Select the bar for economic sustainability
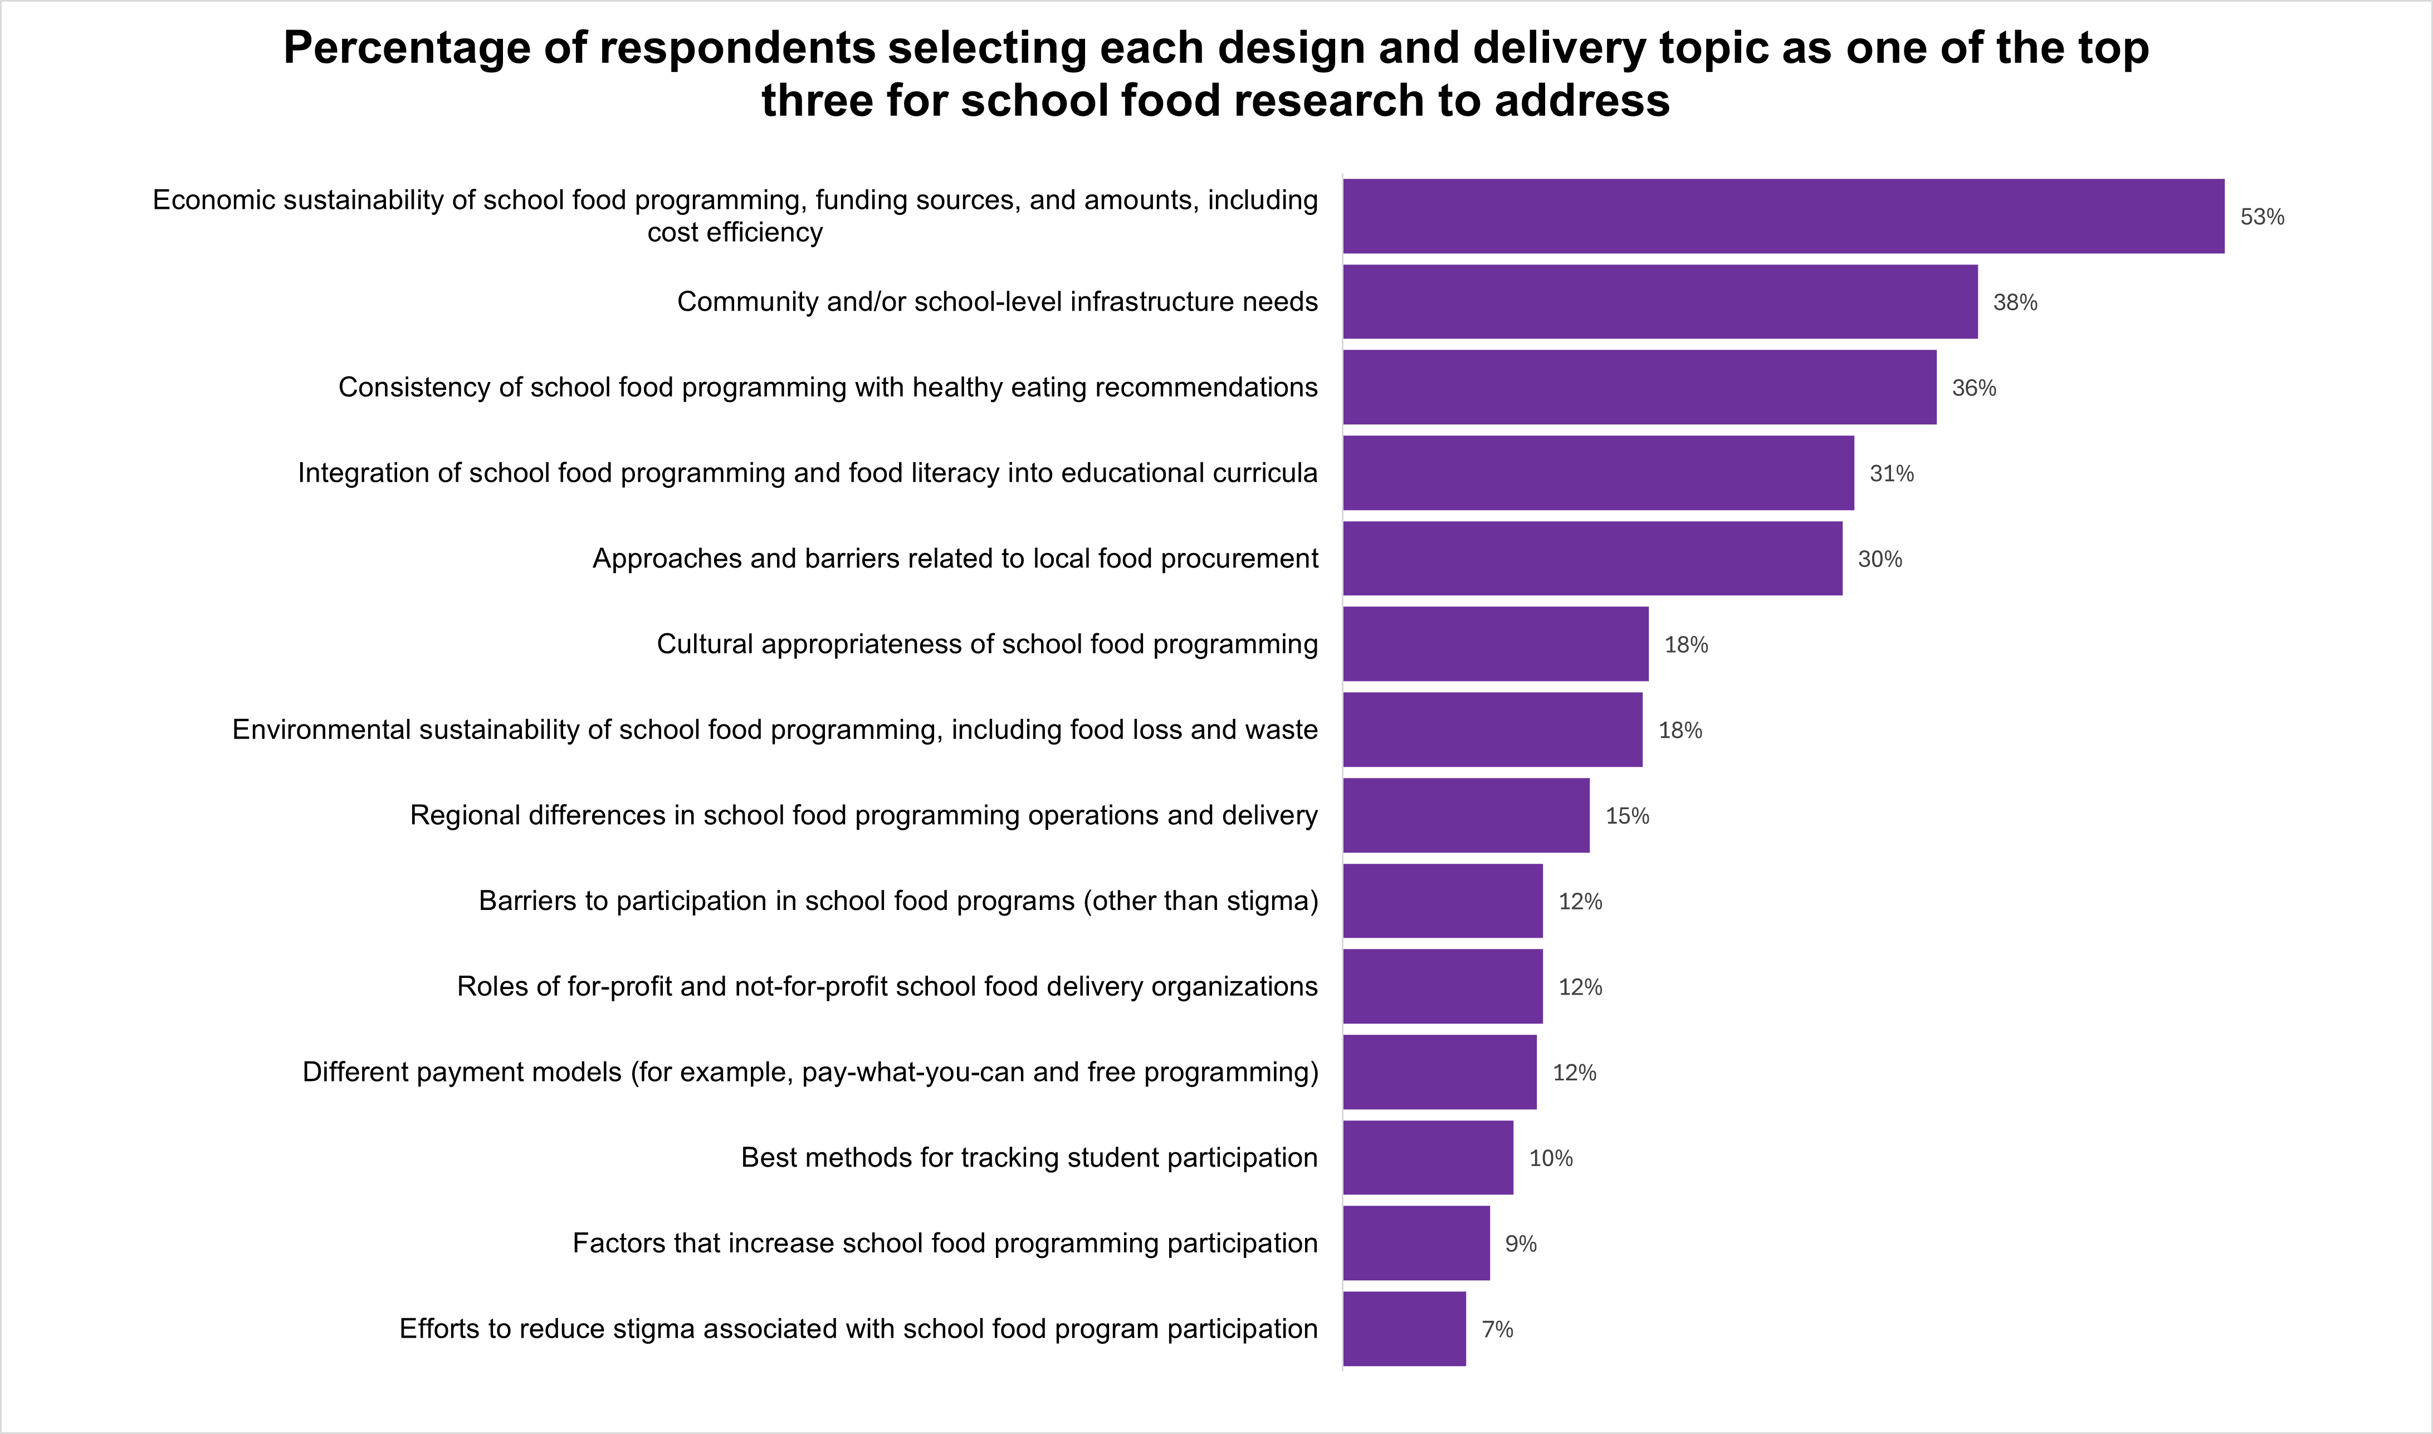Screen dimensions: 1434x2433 [x=1783, y=217]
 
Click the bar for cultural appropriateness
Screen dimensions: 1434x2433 [x=1495, y=644]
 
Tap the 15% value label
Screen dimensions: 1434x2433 [x=1626, y=815]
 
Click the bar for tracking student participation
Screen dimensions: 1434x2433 [x=1427, y=1158]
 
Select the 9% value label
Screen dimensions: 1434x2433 [x=1520, y=1244]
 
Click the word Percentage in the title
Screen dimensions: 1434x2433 [x=407, y=48]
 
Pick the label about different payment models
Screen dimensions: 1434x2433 [x=810, y=1071]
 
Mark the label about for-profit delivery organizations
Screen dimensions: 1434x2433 [x=886, y=987]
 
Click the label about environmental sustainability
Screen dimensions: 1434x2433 [x=774, y=730]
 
